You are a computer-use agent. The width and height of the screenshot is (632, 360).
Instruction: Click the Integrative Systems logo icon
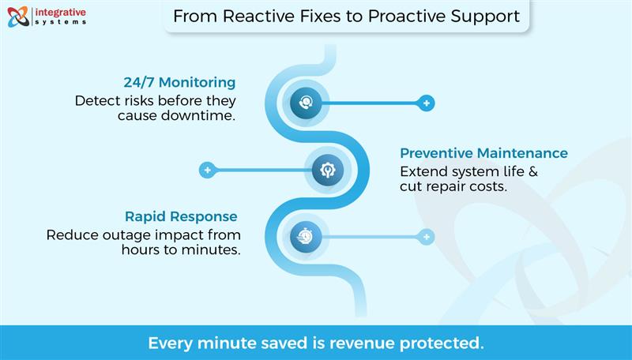point(17,17)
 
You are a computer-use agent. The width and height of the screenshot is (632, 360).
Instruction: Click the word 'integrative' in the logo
point(60,12)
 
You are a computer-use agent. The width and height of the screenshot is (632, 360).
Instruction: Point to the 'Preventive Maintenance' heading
point(483,153)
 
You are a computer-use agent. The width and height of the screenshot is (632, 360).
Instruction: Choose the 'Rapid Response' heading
point(181,216)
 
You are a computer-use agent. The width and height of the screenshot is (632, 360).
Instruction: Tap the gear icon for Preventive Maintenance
point(327,170)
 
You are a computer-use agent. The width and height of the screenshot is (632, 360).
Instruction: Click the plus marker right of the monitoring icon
point(427,103)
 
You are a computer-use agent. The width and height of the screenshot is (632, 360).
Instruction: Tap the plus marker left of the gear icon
point(207,170)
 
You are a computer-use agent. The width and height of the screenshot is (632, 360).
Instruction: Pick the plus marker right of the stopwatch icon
point(427,236)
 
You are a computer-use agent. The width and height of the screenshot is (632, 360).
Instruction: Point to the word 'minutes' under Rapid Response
point(213,249)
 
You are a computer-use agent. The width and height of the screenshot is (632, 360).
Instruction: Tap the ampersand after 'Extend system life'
point(532,171)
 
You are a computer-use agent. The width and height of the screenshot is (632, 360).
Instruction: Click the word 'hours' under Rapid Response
point(141,249)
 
